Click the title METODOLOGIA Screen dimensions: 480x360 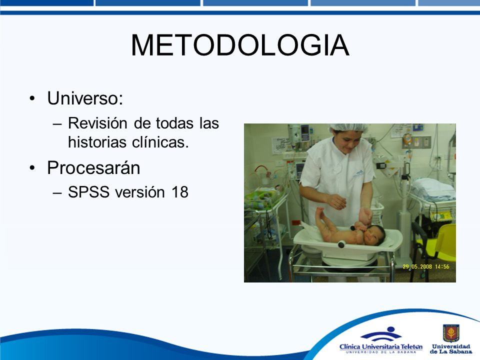click(x=240, y=45)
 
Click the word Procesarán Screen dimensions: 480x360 click(x=93, y=168)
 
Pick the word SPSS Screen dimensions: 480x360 click(x=89, y=192)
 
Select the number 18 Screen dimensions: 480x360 click(x=179, y=192)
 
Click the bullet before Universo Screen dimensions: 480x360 click(x=32, y=98)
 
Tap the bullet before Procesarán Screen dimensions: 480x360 click(x=32, y=168)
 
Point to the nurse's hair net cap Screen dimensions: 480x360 click(x=348, y=128)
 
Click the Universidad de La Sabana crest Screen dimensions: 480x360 click(x=451, y=333)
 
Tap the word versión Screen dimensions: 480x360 click(x=140, y=192)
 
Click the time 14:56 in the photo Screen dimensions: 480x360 click(x=442, y=266)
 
